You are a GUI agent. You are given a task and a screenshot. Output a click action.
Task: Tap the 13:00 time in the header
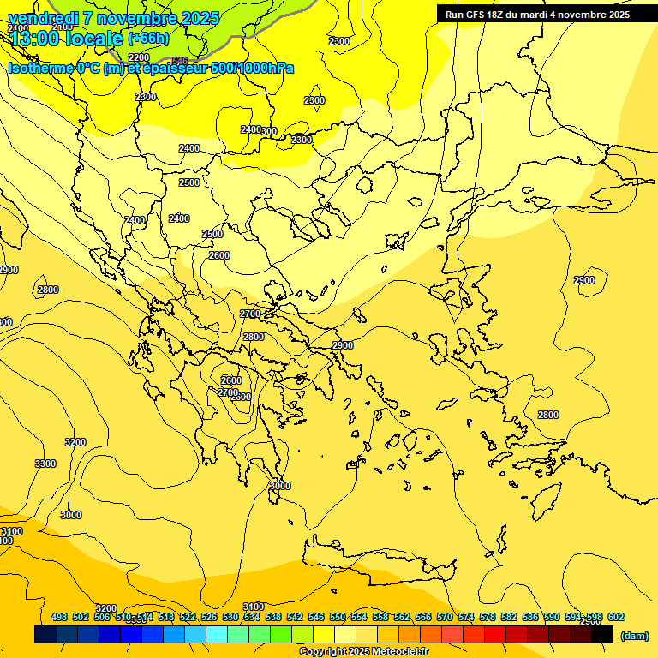43,39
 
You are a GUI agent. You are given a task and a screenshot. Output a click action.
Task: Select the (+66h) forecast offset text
148,39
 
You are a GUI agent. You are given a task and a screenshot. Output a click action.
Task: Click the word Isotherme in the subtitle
41,68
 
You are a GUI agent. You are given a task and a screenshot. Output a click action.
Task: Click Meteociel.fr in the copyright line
396,652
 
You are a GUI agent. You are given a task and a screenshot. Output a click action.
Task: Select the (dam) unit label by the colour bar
634,636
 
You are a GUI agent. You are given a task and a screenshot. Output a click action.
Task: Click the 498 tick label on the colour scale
59,617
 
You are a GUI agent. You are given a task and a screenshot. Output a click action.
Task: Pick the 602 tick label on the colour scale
615,617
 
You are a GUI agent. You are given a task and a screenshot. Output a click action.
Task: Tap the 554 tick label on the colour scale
358,617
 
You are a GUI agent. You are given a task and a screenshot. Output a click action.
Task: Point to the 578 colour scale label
487,617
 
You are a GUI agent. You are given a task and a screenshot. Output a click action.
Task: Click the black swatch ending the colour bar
602,635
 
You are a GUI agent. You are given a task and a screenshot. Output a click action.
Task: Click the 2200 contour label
139,57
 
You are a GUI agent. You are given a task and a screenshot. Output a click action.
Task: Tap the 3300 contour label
45,464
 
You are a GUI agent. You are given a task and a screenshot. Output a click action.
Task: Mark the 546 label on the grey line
180,61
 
